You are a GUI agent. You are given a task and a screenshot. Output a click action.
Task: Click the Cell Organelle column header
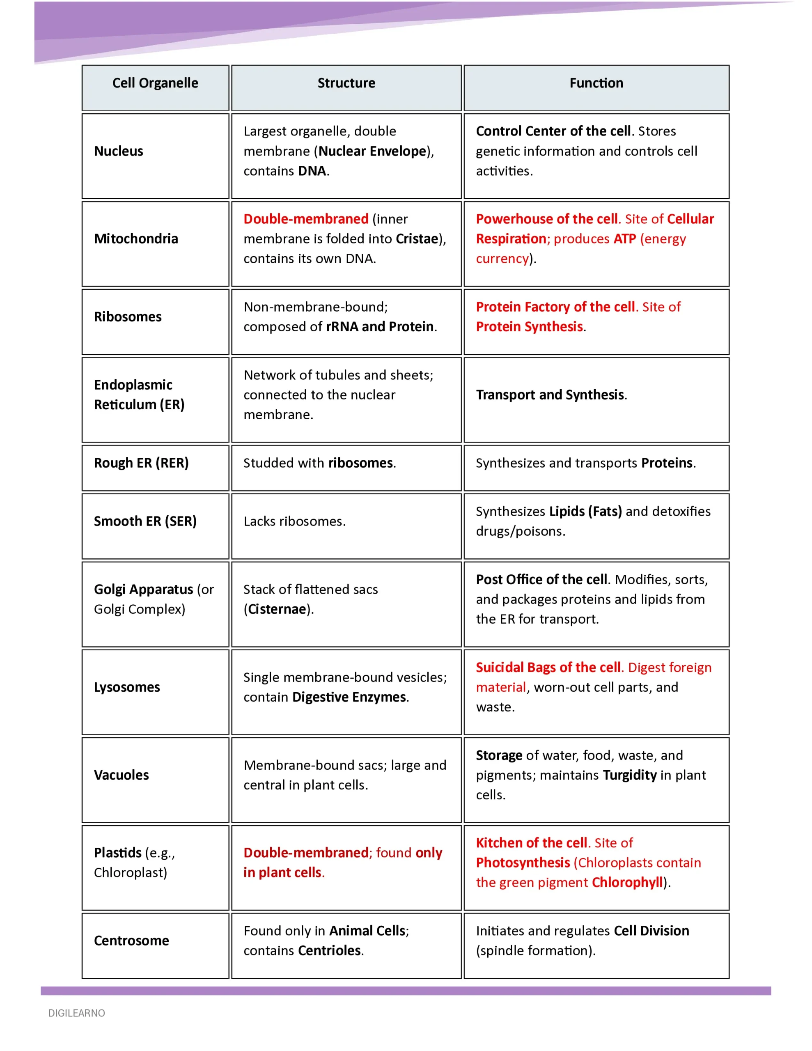(x=155, y=83)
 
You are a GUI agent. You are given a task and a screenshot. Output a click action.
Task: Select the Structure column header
(x=346, y=83)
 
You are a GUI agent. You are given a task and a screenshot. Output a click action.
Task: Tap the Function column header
(x=596, y=83)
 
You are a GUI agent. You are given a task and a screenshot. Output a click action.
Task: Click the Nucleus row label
(x=118, y=151)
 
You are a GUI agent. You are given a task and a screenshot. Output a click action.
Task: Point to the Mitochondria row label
(x=136, y=239)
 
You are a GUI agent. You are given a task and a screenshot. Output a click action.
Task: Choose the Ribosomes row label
(x=128, y=317)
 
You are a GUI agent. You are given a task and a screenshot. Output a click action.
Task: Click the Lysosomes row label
(x=126, y=687)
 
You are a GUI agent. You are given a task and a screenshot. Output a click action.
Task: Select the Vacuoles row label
(x=121, y=775)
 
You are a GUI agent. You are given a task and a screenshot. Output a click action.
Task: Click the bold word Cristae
(x=417, y=239)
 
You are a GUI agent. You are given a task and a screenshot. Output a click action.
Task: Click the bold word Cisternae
(x=277, y=609)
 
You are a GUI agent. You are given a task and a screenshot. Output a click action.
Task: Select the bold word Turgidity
(x=630, y=775)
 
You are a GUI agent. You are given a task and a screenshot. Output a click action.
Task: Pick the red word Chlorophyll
(x=627, y=882)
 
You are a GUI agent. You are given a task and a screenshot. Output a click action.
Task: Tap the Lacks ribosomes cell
(x=295, y=521)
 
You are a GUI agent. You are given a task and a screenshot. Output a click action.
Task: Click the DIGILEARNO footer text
(x=76, y=1013)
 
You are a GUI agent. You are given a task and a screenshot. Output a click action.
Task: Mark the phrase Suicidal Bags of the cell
(x=548, y=668)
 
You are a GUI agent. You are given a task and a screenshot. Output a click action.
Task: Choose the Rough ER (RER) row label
(x=141, y=463)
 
